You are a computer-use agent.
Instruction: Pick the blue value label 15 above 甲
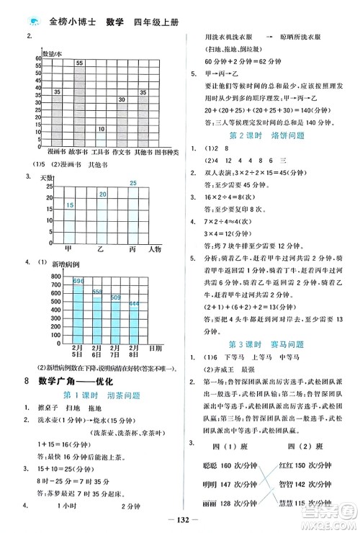(x=69, y=207)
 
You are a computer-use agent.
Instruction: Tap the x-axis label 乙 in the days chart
(x=101, y=248)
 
